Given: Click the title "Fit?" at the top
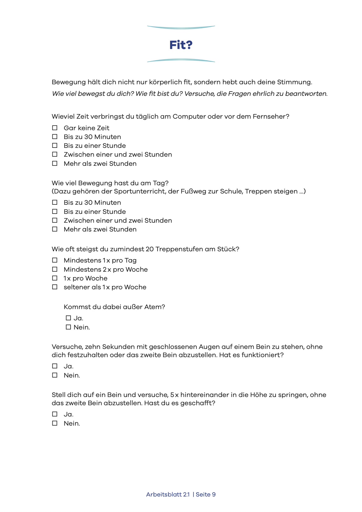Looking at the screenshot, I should point(181,45).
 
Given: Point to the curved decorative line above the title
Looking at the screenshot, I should point(181,28).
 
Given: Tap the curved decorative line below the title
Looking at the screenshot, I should point(181,60).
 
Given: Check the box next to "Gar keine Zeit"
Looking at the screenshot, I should point(55,128).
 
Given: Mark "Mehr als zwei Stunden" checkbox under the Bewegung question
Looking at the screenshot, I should point(55,229).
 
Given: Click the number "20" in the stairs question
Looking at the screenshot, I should point(150,249).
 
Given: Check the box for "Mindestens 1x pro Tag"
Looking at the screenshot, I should point(55,260).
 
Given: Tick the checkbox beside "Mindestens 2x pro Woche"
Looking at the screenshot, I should point(55,269).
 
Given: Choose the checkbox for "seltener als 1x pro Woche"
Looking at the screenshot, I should point(55,287).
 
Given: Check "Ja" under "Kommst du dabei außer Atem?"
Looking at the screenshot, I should point(68,318).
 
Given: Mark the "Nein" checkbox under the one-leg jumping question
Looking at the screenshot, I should point(55,423).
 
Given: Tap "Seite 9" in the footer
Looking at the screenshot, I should point(206,494).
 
